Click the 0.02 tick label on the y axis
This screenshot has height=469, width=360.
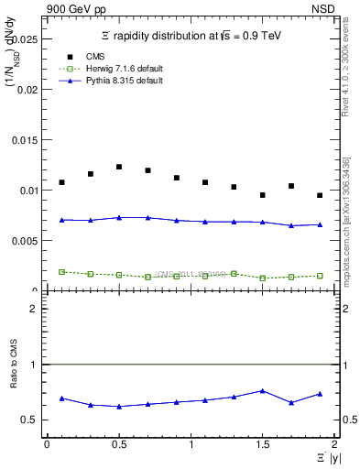pos(27,90)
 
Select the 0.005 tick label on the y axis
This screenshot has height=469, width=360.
pos(25,241)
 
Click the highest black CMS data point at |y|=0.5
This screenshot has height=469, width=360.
pos(119,167)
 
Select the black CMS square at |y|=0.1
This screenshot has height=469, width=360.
pos(61,182)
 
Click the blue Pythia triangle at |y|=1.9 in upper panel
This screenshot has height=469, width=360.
pos(320,224)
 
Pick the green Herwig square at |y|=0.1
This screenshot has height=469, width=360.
pos(61,272)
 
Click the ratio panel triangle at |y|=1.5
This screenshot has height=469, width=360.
pos(262,390)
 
